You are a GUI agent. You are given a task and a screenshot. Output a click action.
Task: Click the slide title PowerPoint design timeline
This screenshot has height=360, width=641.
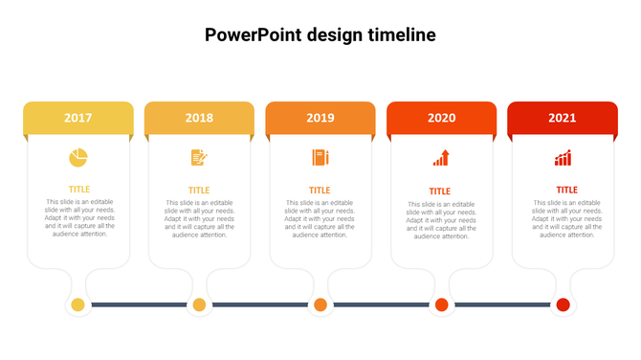[x=320, y=34]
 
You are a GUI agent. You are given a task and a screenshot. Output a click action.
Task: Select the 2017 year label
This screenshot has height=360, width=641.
[x=78, y=118]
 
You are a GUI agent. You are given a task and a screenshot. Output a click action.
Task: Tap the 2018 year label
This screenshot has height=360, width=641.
[x=199, y=118]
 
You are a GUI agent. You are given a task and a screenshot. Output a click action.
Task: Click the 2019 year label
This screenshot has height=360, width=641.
[x=320, y=118]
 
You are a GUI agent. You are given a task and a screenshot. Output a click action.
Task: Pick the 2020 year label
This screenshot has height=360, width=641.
[x=441, y=118]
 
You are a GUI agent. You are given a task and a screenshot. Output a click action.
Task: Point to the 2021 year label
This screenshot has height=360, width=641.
[x=563, y=118]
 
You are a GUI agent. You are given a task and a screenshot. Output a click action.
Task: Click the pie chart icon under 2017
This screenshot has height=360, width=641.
[x=78, y=157]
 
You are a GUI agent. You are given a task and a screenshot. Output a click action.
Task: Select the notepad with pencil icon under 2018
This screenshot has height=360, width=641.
[x=199, y=157]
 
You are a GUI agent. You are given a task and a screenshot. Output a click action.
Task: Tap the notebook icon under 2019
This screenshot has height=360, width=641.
[x=320, y=157]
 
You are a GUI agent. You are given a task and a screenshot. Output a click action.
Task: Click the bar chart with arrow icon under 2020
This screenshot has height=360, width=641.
[x=441, y=158]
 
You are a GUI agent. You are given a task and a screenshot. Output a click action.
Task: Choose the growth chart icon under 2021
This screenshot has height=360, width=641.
[x=563, y=158]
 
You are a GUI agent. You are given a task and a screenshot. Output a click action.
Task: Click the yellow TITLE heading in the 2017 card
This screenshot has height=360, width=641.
[x=78, y=190]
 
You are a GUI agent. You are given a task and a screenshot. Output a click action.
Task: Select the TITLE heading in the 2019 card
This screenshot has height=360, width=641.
[x=320, y=190]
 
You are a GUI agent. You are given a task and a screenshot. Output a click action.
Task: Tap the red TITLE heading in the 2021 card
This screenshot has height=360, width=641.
[x=567, y=190]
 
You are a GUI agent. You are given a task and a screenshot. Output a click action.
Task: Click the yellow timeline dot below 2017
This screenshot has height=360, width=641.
[x=78, y=305]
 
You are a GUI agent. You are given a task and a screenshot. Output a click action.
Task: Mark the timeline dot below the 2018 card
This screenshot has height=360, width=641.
[x=199, y=305]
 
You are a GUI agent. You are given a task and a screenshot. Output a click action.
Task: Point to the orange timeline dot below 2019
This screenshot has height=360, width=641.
[x=320, y=305]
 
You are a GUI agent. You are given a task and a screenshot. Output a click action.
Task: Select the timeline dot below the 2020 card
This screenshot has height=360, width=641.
[x=441, y=305]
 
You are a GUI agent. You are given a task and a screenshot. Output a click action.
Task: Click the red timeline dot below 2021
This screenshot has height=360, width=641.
[x=563, y=305]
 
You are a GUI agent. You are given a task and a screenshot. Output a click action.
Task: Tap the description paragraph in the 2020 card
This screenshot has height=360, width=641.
[x=441, y=220]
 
